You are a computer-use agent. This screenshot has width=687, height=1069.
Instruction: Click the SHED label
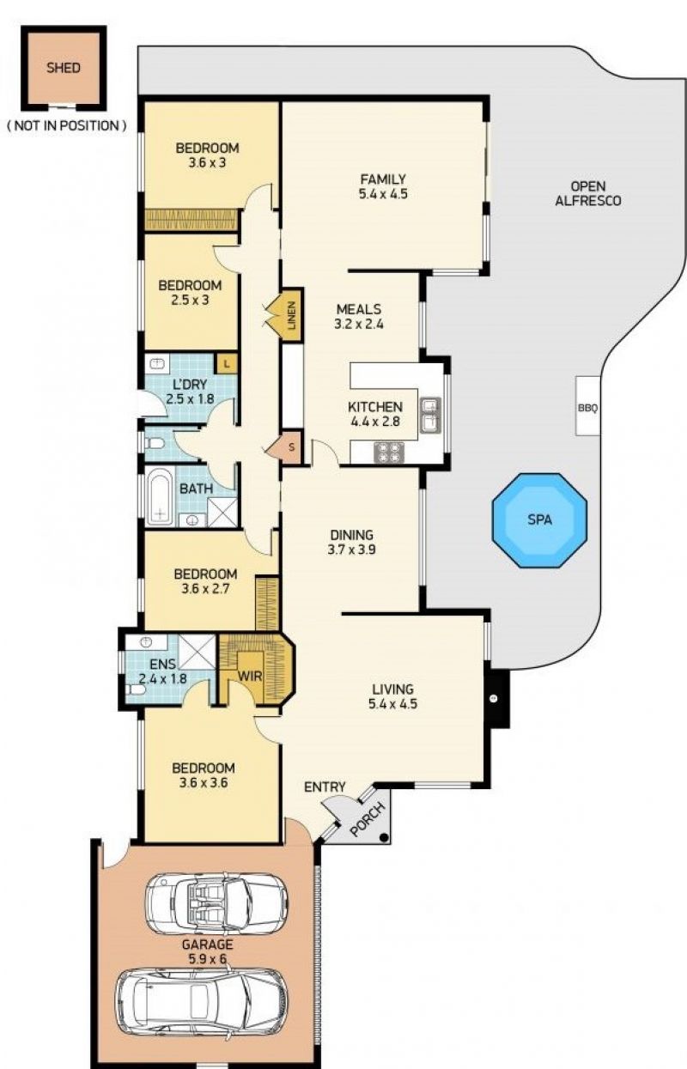(64, 68)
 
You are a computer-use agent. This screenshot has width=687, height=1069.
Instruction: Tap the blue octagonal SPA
(539, 520)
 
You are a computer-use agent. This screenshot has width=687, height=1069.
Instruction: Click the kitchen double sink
(430, 415)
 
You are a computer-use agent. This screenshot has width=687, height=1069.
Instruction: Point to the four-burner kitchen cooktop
(389, 453)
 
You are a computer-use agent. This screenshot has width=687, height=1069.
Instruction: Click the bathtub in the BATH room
(159, 496)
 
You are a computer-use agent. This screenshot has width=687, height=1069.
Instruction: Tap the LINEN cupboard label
(291, 315)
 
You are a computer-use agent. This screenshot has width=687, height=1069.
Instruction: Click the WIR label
(250, 677)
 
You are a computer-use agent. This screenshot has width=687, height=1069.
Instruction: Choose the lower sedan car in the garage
(201, 998)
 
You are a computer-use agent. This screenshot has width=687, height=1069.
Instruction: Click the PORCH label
(368, 819)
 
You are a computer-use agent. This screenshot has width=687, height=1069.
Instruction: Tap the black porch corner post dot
(384, 837)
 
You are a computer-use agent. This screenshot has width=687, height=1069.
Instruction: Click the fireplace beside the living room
(496, 699)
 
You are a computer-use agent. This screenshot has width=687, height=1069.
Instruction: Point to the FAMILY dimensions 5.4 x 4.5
(383, 194)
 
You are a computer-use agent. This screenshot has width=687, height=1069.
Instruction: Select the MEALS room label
(359, 309)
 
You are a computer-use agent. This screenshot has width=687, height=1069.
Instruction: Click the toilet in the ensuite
(136, 690)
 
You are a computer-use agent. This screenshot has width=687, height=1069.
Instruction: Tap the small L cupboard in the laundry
(228, 364)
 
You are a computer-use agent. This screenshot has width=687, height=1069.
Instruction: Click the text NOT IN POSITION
(67, 126)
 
